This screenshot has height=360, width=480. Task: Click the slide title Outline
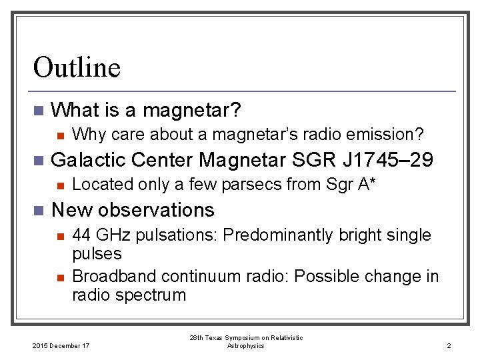(x=77, y=67)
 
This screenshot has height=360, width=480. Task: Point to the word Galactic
(x=88, y=160)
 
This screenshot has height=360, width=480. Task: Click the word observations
(x=157, y=210)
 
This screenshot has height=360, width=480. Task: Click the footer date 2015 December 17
(x=61, y=345)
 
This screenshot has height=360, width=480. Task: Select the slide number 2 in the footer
(x=449, y=345)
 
